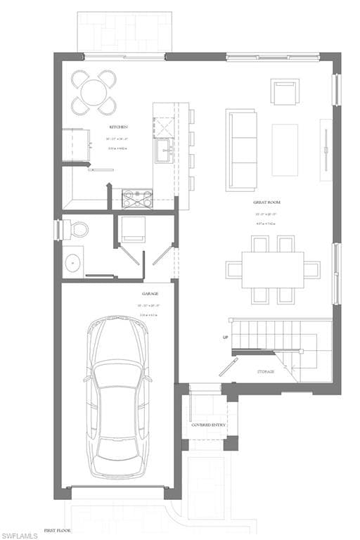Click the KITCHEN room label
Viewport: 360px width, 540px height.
pyautogui.click(x=118, y=127)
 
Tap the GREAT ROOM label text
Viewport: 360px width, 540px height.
pyautogui.click(x=265, y=202)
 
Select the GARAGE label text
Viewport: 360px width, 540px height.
pyautogui.click(x=150, y=294)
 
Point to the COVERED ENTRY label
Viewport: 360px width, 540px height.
pyautogui.click(x=207, y=425)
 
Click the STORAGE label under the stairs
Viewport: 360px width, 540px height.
pyautogui.click(x=265, y=371)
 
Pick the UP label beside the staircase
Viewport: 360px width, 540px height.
pyautogui.click(x=226, y=338)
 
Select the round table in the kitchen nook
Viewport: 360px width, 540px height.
pyautogui.click(x=94, y=92)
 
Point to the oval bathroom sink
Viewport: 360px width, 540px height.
pyautogui.click(x=73, y=263)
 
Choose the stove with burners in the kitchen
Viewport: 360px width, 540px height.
pyautogui.click(x=137, y=199)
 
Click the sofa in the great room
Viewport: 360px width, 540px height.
pyautogui.click(x=241, y=149)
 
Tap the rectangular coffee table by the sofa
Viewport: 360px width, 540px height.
pyautogui.click(x=285, y=150)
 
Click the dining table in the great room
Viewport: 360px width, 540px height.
pyautogui.click(x=273, y=270)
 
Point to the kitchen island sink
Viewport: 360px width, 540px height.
pyautogui.click(x=163, y=150)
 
